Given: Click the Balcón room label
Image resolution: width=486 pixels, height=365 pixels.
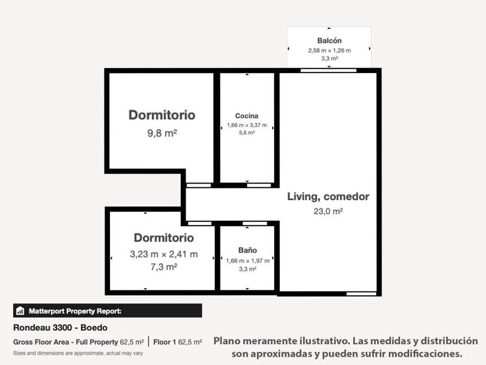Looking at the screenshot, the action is pyautogui.click(x=329, y=41).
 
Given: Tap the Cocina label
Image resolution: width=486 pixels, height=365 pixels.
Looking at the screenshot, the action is pyautogui.click(x=247, y=116).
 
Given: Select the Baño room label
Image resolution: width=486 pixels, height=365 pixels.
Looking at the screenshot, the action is pyautogui.click(x=247, y=250).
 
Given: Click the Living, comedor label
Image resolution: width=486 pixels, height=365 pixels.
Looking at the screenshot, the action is pyautogui.click(x=328, y=197).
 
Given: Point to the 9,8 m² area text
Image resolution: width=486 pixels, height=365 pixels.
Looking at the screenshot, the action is pyautogui.click(x=162, y=133).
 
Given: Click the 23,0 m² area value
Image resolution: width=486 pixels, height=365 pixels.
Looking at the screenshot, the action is pyautogui.click(x=328, y=211).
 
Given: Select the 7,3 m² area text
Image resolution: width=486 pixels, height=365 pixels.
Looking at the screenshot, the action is pyautogui.click(x=164, y=266).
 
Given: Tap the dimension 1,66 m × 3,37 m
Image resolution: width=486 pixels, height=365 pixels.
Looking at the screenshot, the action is pyautogui.click(x=247, y=125).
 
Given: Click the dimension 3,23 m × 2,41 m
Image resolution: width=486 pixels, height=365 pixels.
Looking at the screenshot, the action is pyautogui.click(x=164, y=254).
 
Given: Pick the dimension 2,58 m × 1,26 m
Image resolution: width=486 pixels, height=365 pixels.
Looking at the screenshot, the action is pyautogui.click(x=329, y=50).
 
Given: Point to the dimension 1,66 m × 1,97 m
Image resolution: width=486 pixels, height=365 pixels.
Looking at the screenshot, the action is pyautogui.click(x=248, y=261).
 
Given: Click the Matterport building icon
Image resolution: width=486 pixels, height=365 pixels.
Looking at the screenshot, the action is pyautogui.click(x=20, y=311).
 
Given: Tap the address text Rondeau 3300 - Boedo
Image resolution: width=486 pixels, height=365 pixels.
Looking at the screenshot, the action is pyautogui.click(x=60, y=327).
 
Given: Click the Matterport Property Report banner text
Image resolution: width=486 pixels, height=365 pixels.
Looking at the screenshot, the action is pyautogui.click(x=75, y=311).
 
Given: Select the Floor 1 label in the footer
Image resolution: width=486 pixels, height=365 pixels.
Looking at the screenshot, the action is pyautogui.click(x=164, y=342).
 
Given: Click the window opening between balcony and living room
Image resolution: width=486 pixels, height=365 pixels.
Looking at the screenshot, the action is pyautogui.click(x=329, y=70).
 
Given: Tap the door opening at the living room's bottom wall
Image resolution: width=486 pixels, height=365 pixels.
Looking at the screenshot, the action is pyautogui.click(x=361, y=294).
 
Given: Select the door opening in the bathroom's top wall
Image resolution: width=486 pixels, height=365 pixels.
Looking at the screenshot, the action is pyautogui.click(x=255, y=223).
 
